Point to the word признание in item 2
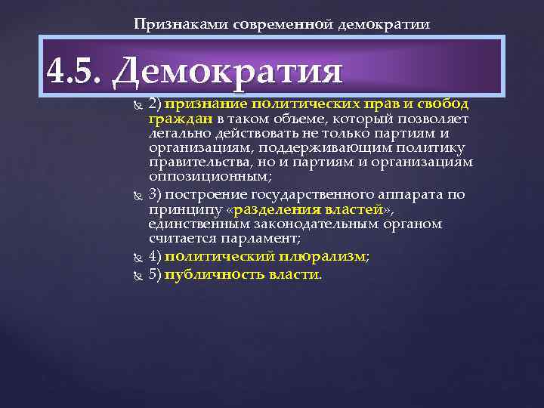203,104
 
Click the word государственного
321,193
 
